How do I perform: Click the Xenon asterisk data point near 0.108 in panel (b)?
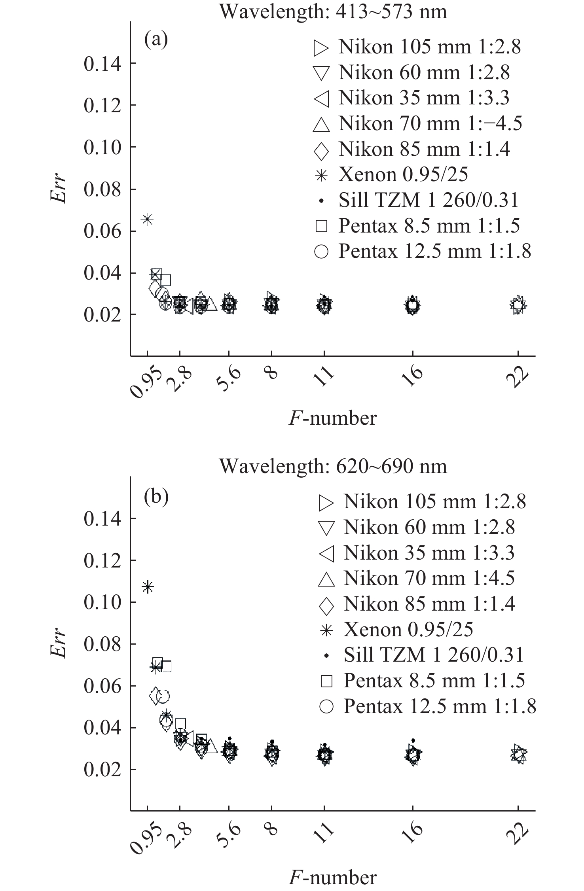pyautogui.click(x=148, y=586)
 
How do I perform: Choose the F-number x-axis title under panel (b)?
pyautogui.click(x=332, y=877)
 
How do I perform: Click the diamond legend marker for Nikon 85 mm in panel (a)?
pyautogui.click(x=321, y=151)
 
